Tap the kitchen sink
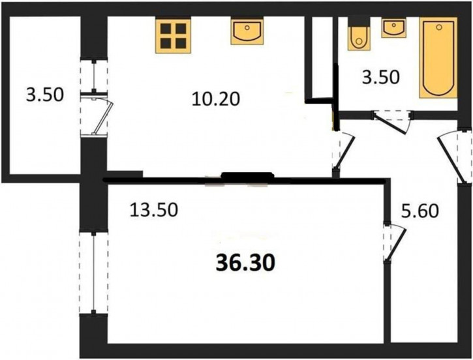[x=247, y=31]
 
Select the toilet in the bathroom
[x=359, y=38]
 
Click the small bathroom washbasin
[x=393, y=28]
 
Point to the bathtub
[x=438, y=57]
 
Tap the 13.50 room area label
[x=154, y=210]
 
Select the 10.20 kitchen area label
[x=216, y=99]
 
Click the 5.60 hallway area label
[x=420, y=211]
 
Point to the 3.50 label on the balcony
[x=45, y=95]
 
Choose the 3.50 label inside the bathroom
[x=381, y=77]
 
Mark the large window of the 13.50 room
[x=94, y=273]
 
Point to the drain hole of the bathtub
[x=438, y=27]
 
